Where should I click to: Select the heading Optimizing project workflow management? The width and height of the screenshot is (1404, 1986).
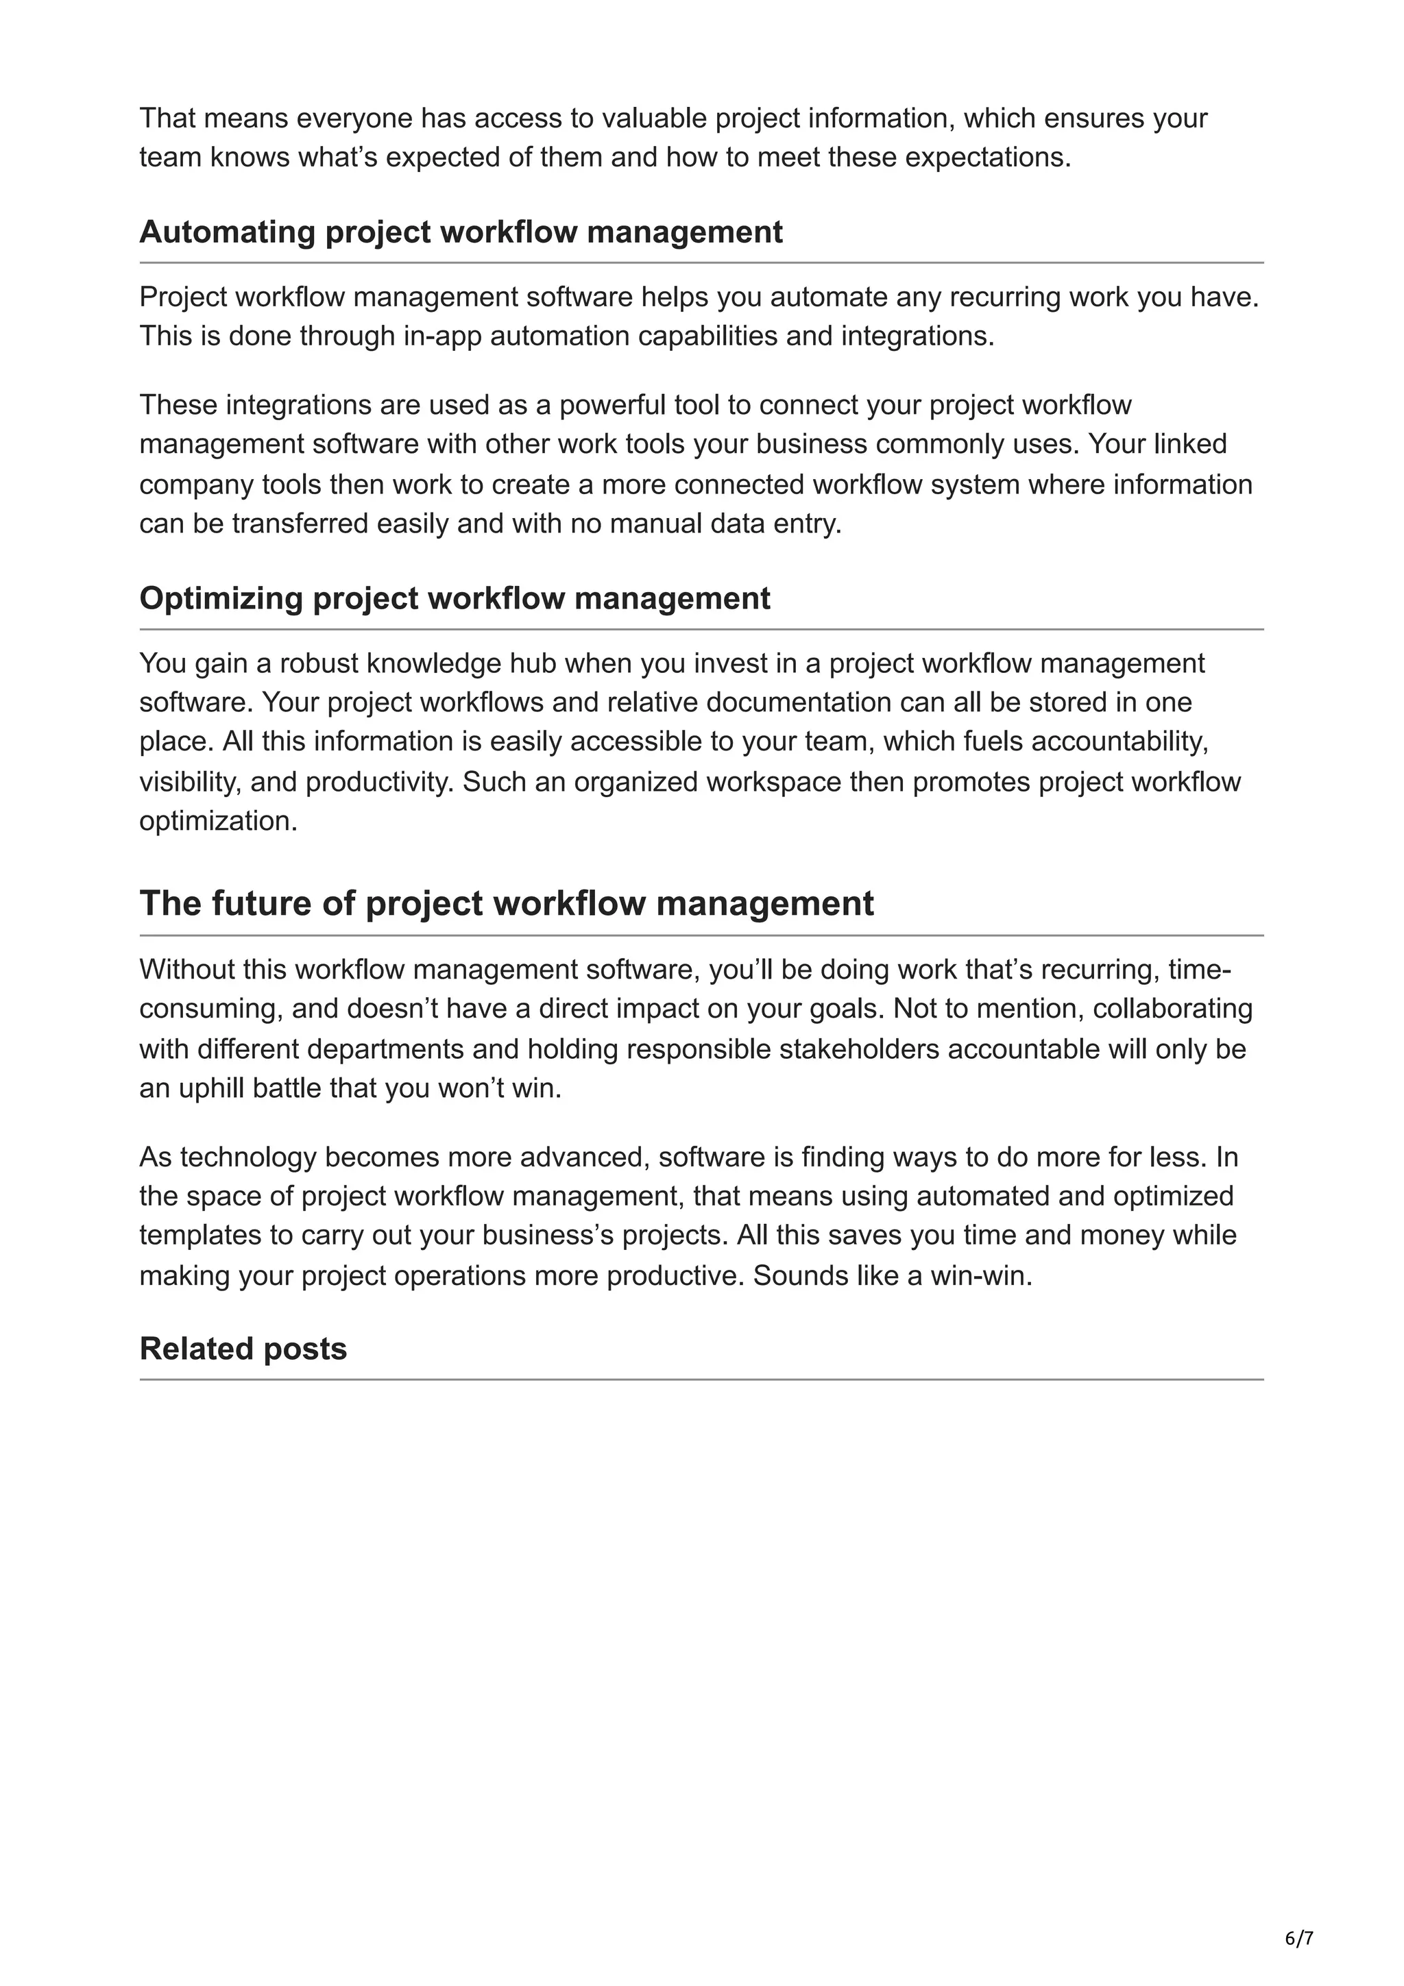(455, 598)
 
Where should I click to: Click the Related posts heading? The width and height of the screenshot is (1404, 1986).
(243, 1349)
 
